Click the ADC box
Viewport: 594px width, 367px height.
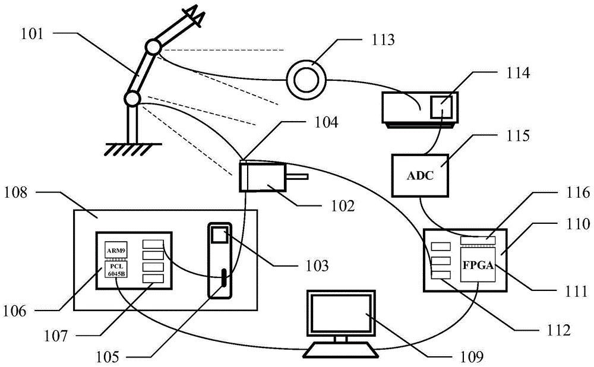[420, 175]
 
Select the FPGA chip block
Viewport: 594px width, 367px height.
[478, 265]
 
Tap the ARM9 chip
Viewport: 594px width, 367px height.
[116, 251]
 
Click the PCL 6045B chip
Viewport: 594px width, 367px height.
[116, 269]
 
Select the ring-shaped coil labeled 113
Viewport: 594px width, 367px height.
[306, 80]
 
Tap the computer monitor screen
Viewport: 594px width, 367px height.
[341, 312]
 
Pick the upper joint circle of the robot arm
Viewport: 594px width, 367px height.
[154, 48]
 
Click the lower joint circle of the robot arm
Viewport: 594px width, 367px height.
[132, 99]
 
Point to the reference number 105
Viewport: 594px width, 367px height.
[108, 356]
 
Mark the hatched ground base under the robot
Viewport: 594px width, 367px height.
[133, 149]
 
